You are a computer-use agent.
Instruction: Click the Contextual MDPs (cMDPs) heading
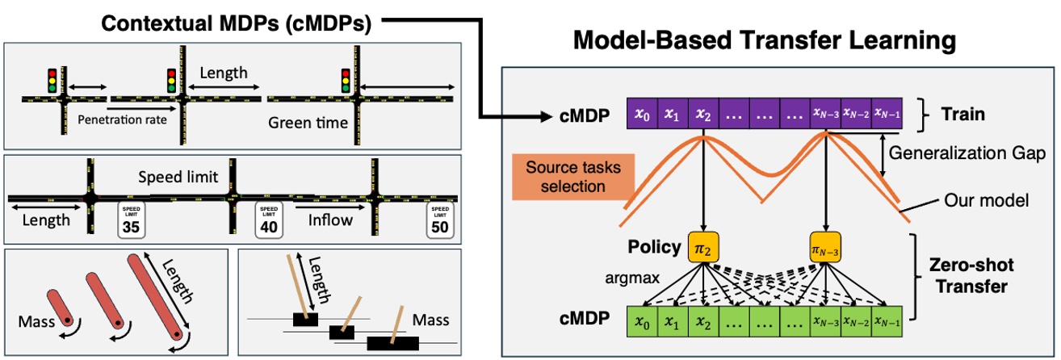(236, 24)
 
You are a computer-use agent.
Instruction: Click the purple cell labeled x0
(642, 115)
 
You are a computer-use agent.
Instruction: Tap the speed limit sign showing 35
(131, 220)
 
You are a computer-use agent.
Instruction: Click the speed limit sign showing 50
(439, 220)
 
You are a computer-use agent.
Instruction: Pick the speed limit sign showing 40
(268, 220)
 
